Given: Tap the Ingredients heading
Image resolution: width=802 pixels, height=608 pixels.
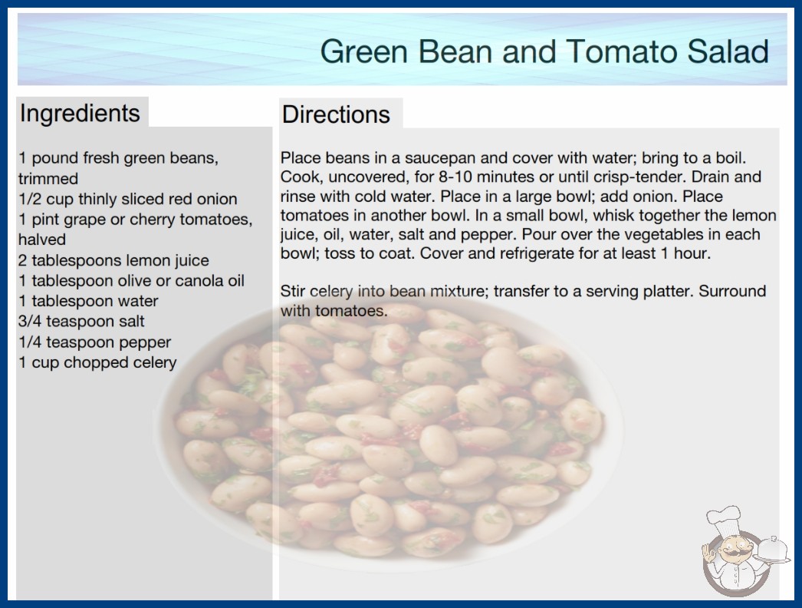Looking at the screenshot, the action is [80, 113].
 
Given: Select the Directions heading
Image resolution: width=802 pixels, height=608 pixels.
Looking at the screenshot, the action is [336, 114].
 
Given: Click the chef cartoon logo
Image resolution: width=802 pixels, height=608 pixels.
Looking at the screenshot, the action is [744, 552].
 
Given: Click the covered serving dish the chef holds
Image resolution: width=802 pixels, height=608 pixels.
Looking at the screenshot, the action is [773, 550].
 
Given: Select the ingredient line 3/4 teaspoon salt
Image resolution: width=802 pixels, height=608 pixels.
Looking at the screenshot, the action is [81, 322].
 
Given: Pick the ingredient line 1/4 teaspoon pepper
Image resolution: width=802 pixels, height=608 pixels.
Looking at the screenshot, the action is [94, 342].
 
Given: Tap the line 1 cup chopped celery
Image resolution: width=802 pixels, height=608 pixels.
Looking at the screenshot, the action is [97, 362].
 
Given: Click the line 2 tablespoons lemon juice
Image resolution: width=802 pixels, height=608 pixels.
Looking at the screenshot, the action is [113, 260].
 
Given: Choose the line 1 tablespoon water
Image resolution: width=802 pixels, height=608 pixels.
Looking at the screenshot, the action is [88, 301].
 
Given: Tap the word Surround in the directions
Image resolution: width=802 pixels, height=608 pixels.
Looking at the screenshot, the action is [732, 292].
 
